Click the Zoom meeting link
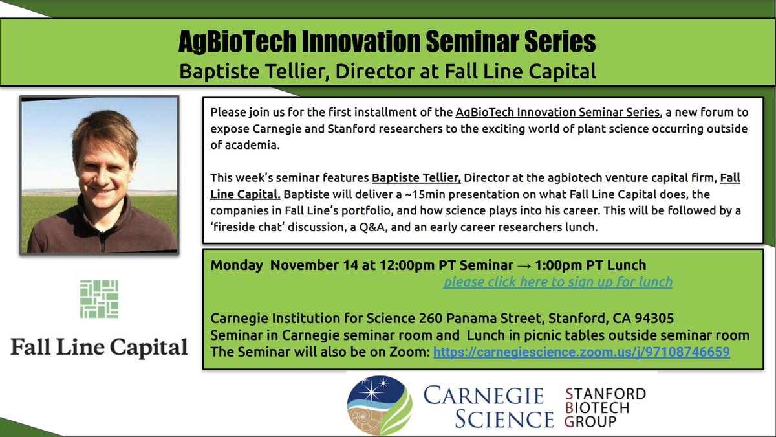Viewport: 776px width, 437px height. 581,353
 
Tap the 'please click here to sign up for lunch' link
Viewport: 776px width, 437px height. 557,282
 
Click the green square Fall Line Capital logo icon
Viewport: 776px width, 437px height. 99,299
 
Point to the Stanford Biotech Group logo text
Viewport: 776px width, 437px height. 604,408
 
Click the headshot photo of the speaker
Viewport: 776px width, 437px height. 99,175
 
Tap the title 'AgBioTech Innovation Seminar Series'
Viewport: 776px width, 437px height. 387,43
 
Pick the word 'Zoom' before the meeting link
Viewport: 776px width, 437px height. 413,353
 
